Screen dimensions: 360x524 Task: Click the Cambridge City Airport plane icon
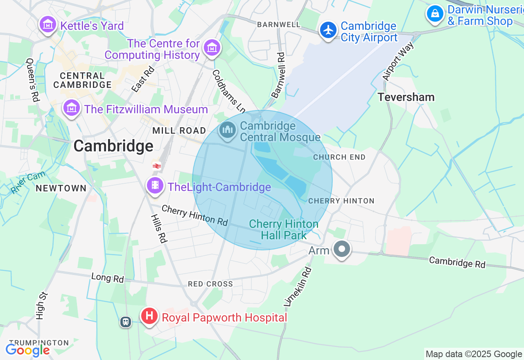pyautogui.click(x=328, y=30)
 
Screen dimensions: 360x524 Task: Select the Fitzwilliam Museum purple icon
pyautogui.click(x=72, y=108)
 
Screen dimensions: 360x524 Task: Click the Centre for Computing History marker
pyautogui.click(x=212, y=48)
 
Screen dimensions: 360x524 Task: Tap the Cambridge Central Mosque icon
pyautogui.click(x=228, y=131)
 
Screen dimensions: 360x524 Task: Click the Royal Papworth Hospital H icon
pyautogui.click(x=150, y=317)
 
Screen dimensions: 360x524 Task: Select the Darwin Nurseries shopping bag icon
pyautogui.click(x=435, y=14)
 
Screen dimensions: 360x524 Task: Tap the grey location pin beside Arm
pyautogui.click(x=341, y=249)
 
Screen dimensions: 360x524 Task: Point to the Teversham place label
pyautogui.click(x=406, y=97)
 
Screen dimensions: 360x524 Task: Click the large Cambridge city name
pyautogui.click(x=113, y=146)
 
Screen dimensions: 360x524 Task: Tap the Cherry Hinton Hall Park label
pyautogui.click(x=284, y=229)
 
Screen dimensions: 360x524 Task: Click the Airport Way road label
pyautogui.click(x=398, y=61)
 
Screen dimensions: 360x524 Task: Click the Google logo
pyautogui.click(x=27, y=350)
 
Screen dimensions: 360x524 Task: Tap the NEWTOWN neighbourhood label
pyautogui.click(x=61, y=188)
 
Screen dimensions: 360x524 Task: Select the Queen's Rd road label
pyautogui.click(x=32, y=80)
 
